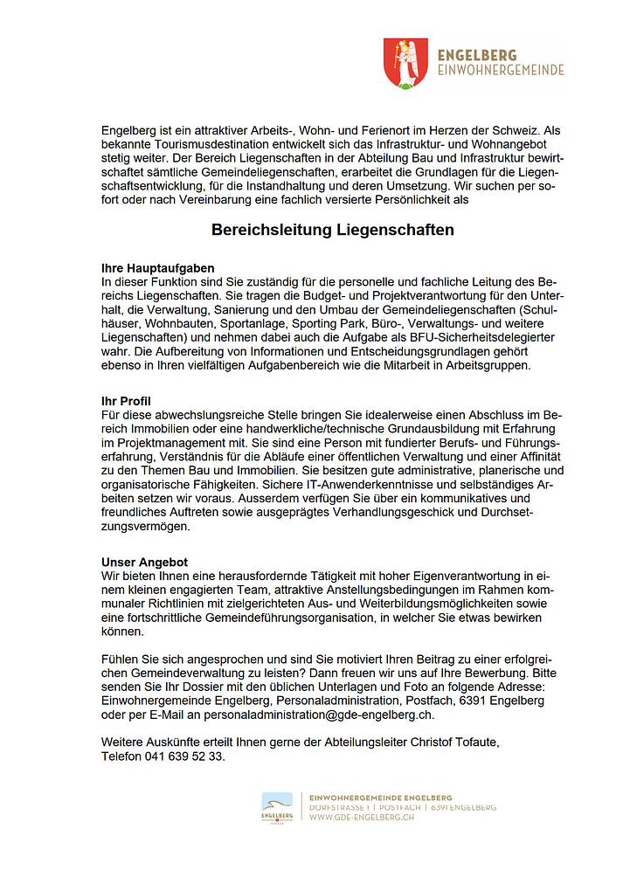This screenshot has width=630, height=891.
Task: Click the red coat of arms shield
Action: pyautogui.click(x=406, y=63)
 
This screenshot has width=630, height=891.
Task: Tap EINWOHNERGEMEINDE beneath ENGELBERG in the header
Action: pyautogui.click(x=500, y=70)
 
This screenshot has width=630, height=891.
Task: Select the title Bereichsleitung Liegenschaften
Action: pyautogui.click(x=333, y=231)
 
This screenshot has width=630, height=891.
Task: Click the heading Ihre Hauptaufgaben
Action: pyautogui.click(x=158, y=268)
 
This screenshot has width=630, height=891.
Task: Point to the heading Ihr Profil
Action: pyautogui.click(x=127, y=400)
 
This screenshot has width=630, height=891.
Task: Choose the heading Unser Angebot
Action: pyautogui.click(x=145, y=562)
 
